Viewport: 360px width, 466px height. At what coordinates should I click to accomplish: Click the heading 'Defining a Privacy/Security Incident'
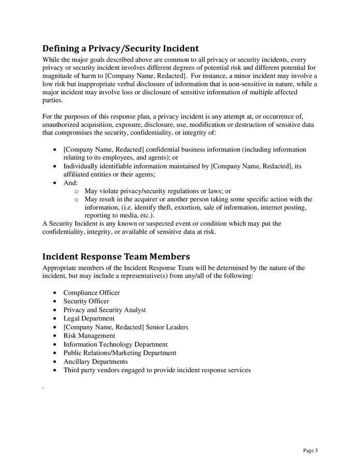click(120, 49)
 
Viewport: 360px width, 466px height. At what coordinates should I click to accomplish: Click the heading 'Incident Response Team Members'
click(116, 256)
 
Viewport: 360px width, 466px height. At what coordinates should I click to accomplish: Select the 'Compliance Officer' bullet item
click(91, 293)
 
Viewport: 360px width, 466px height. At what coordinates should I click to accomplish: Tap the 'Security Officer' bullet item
click(86, 301)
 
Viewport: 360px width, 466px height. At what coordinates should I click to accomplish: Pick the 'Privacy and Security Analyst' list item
click(105, 310)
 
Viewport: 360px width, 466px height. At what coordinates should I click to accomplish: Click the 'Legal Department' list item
click(89, 318)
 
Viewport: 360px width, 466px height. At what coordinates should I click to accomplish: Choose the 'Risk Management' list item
click(89, 336)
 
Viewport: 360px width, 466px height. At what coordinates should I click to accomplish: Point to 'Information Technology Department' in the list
click(115, 344)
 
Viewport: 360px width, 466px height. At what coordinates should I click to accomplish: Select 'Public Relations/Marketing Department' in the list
click(120, 353)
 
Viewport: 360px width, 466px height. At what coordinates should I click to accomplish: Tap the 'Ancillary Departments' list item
click(95, 361)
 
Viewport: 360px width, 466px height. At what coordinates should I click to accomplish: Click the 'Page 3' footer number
click(310, 450)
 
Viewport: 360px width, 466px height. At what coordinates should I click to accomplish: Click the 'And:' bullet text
click(70, 183)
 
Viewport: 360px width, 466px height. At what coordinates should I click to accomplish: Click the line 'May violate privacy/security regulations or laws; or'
click(157, 191)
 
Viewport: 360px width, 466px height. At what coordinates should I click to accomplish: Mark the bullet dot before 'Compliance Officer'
click(55, 293)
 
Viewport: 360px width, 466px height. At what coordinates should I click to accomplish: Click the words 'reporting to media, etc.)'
click(119, 215)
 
